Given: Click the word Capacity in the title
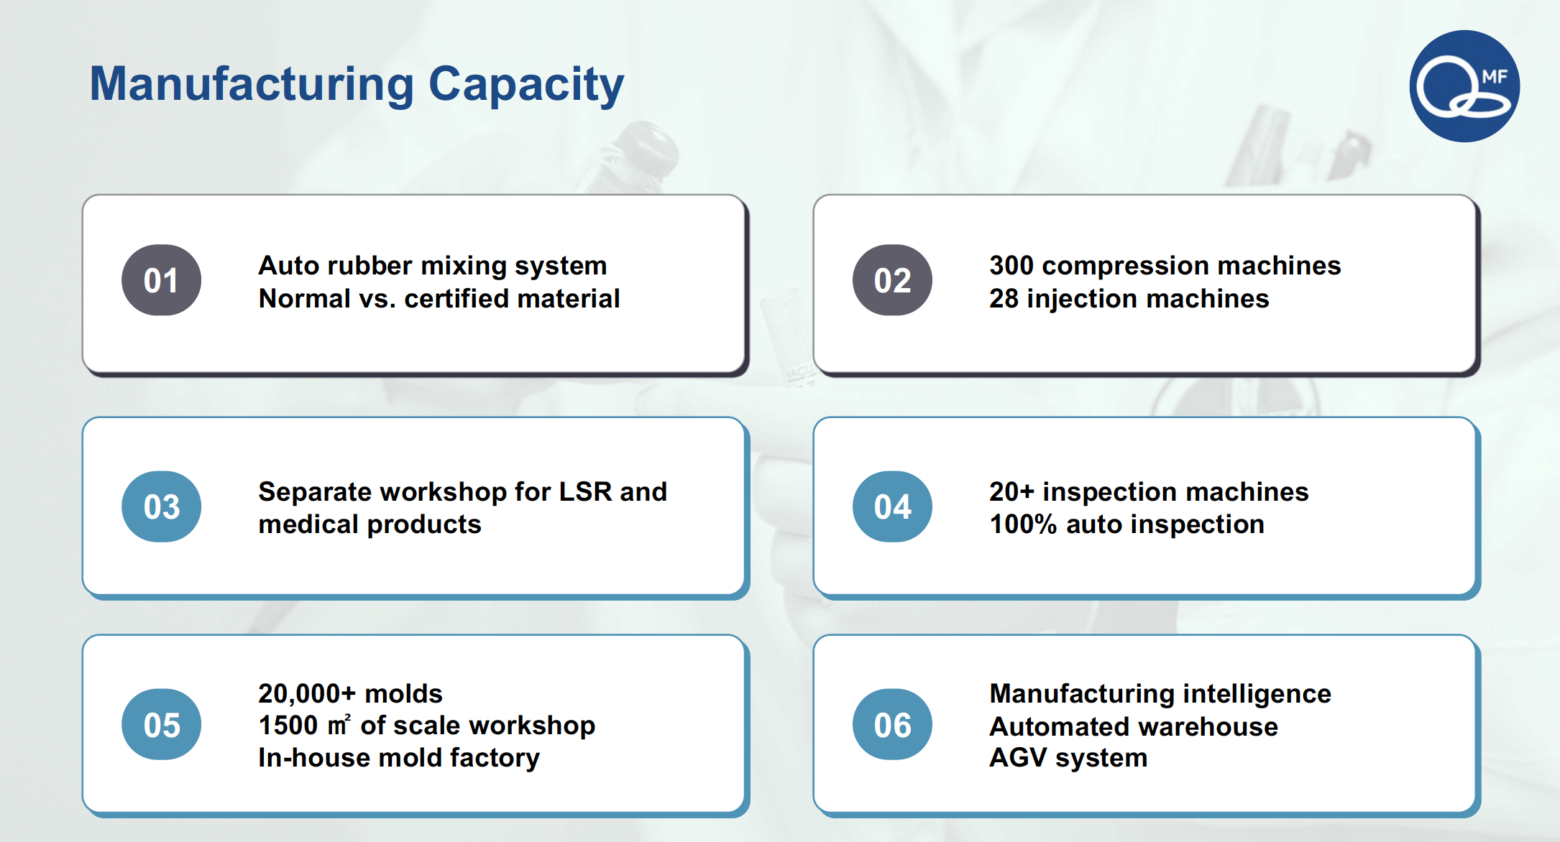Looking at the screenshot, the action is click(x=526, y=85).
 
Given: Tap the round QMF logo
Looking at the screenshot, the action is click(x=1464, y=86).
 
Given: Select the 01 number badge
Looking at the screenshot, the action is click(x=161, y=280).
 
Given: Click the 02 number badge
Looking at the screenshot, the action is click(x=892, y=280).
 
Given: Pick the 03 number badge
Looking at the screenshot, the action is click(x=161, y=506).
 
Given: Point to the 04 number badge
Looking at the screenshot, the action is click(x=892, y=506).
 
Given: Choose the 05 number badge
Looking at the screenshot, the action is click(x=161, y=724).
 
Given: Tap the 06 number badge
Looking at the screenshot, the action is click(x=892, y=724).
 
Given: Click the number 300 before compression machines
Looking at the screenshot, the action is click(x=1011, y=266).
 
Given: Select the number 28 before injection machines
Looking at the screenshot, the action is click(x=1004, y=299).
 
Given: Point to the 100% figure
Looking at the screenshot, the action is click(x=1023, y=524).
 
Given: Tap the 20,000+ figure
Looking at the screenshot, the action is click(x=307, y=694).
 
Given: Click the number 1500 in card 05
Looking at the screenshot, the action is click(x=288, y=726).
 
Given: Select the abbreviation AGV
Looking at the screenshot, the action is click(x=1018, y=758).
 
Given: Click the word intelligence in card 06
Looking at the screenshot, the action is click(x=1257, y=695).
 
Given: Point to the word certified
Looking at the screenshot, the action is click(x=450, y=299).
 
